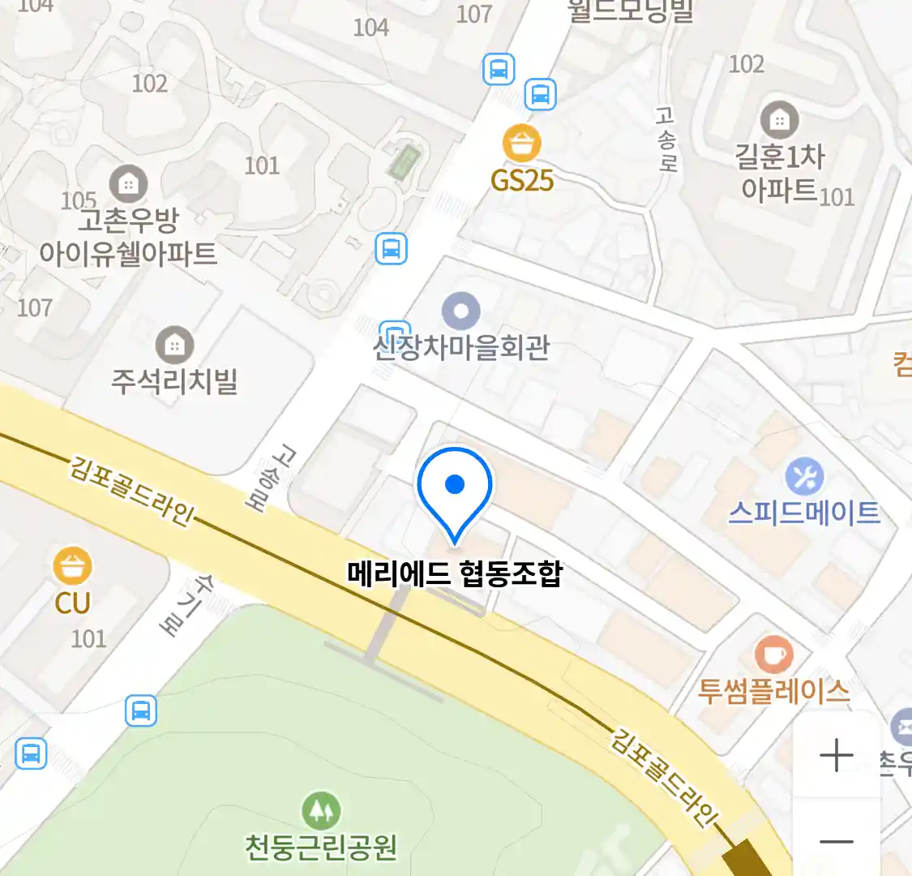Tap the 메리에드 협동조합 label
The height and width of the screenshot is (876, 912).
tap(455, 573)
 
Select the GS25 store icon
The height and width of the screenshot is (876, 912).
tap(521, 144)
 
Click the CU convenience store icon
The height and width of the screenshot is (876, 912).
tap(72, 566)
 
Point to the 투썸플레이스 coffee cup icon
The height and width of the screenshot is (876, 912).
tap(773, 654)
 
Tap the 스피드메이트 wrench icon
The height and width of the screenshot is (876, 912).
tap(804, 477)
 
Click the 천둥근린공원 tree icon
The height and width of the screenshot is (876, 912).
tap(321, 809)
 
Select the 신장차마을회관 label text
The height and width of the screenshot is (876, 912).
tap(460, 347)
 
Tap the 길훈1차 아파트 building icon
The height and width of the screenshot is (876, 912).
tap(779, 121)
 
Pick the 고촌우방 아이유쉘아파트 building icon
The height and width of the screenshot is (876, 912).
tap(127, 183)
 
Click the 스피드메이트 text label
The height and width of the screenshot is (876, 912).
tap(804, 513)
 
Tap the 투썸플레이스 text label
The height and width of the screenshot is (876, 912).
tap(773, 691)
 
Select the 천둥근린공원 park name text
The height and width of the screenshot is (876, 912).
tap(321, 847)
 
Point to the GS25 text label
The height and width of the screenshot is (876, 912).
tap(521, 180)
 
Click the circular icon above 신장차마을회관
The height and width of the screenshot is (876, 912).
tap(460, 311)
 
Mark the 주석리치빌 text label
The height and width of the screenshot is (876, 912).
tap(174, 380)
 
